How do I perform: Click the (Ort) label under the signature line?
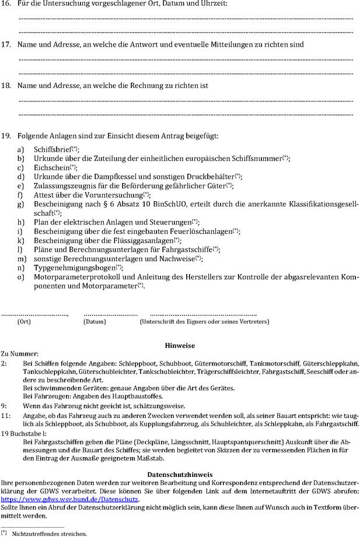24,321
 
